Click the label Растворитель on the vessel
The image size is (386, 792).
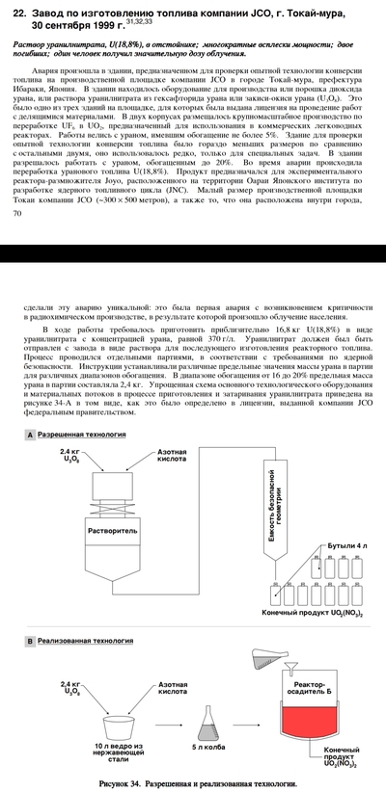tap(105, 530)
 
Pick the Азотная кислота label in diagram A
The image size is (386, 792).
tap(172, 455)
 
